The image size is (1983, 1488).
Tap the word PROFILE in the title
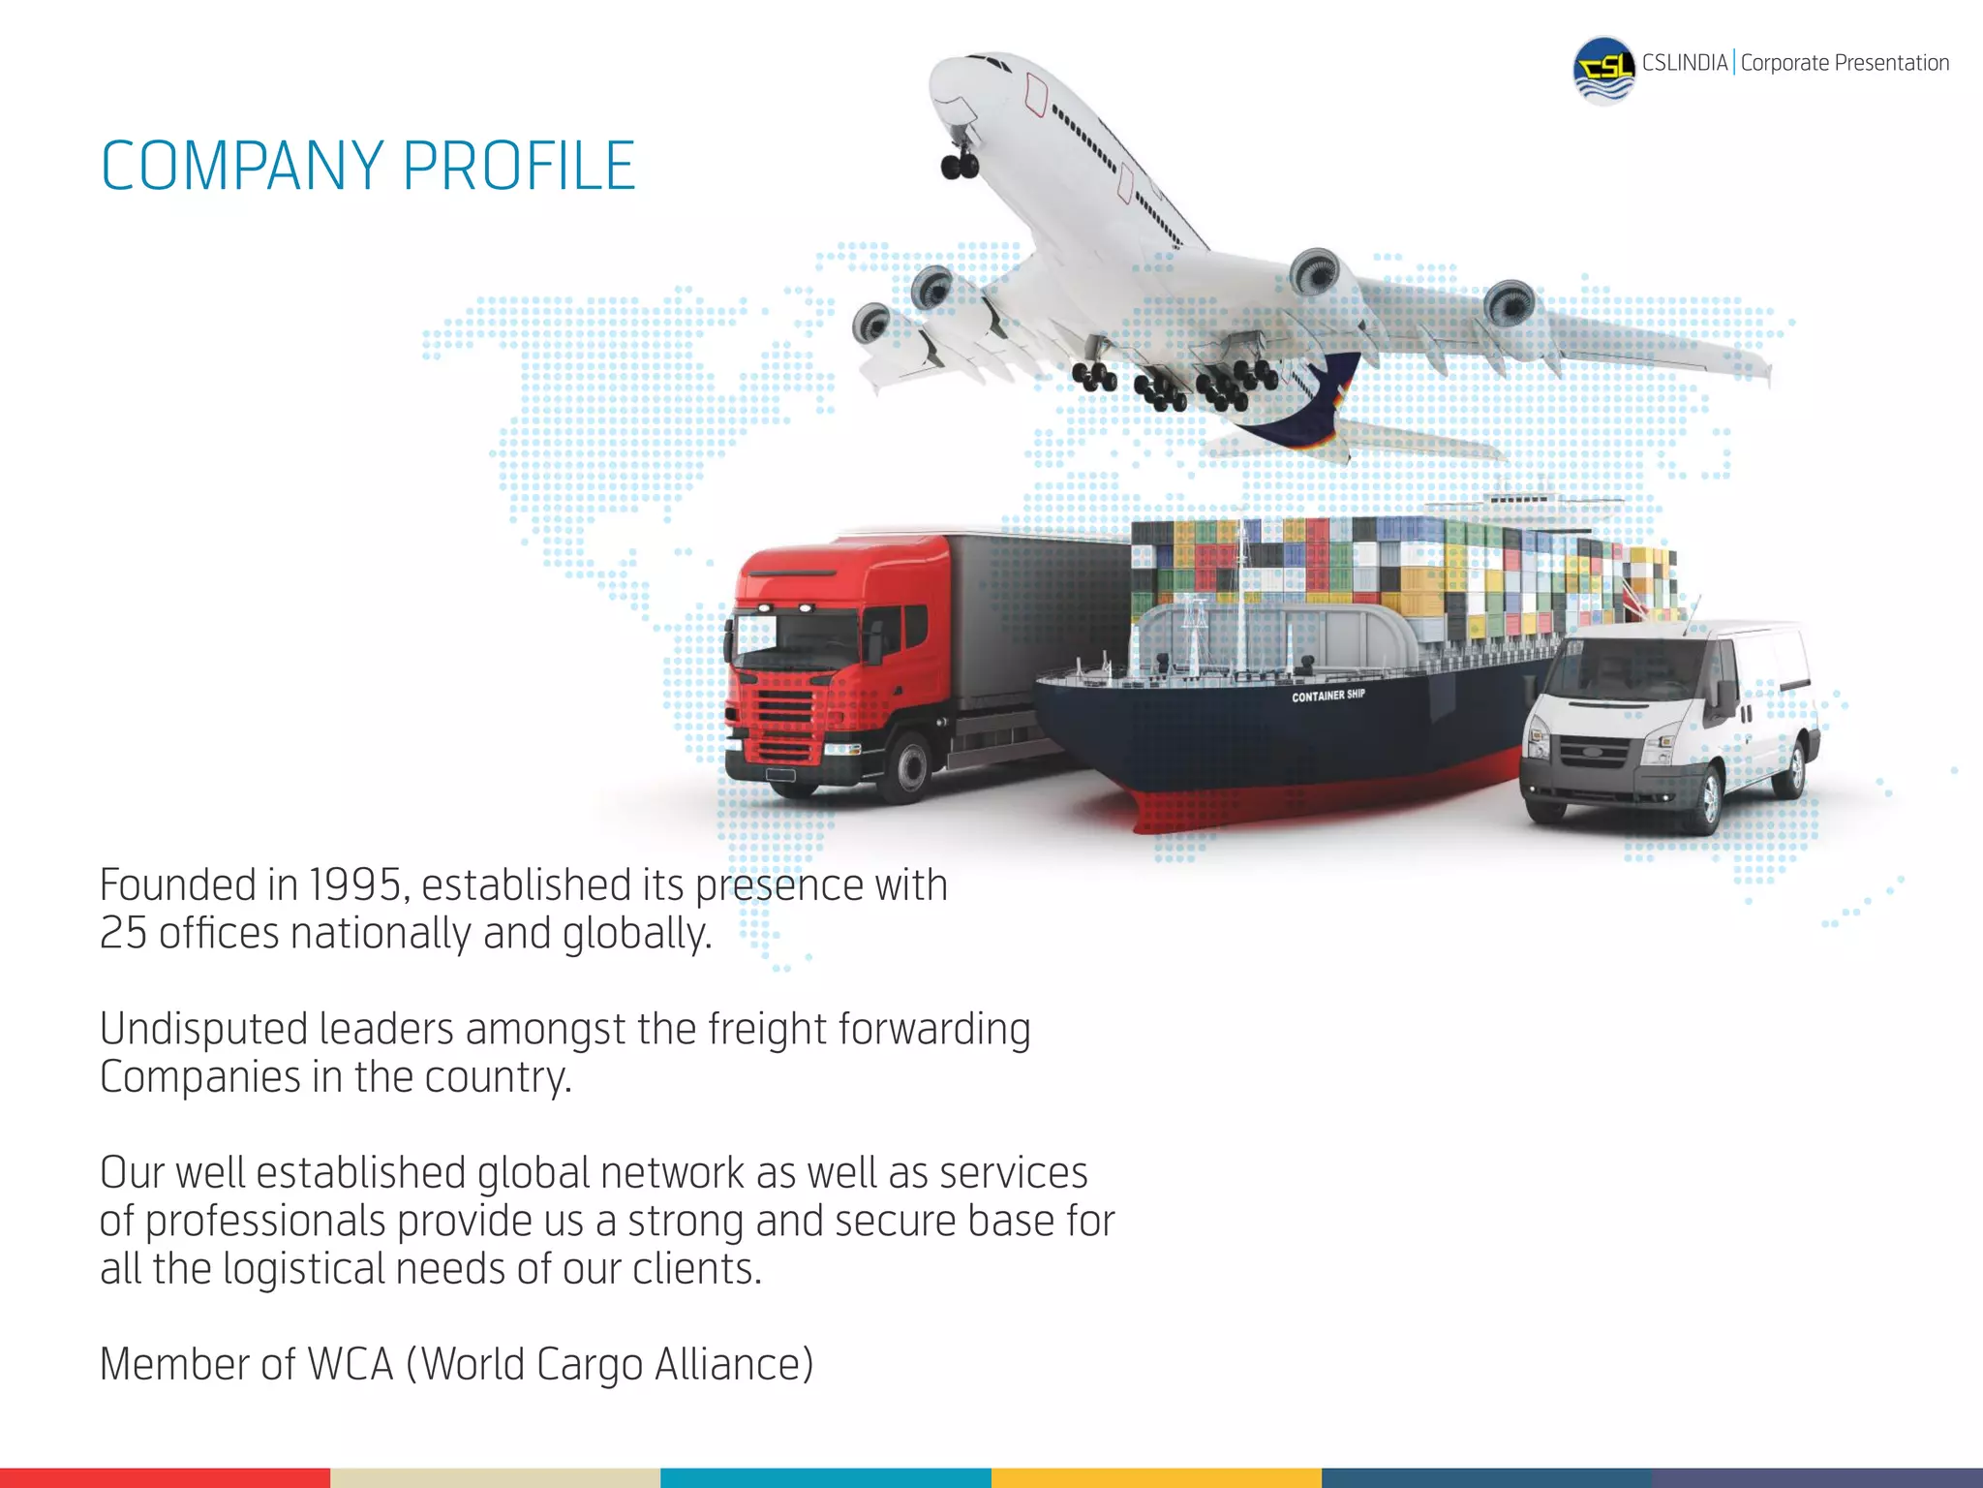point(518,167)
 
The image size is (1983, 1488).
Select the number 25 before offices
point(123,934)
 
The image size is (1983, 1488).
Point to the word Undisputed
point(202,1030)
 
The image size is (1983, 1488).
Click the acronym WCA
point(351,1365)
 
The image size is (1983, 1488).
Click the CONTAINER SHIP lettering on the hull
point(1327,696)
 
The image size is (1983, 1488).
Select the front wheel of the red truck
point(910,765)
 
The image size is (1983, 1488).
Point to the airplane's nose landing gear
point(960,162)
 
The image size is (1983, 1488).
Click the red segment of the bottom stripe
point(165,1477)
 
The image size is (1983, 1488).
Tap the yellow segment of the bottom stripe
point(1156,1477)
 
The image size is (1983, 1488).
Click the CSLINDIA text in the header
point(1684,64)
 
